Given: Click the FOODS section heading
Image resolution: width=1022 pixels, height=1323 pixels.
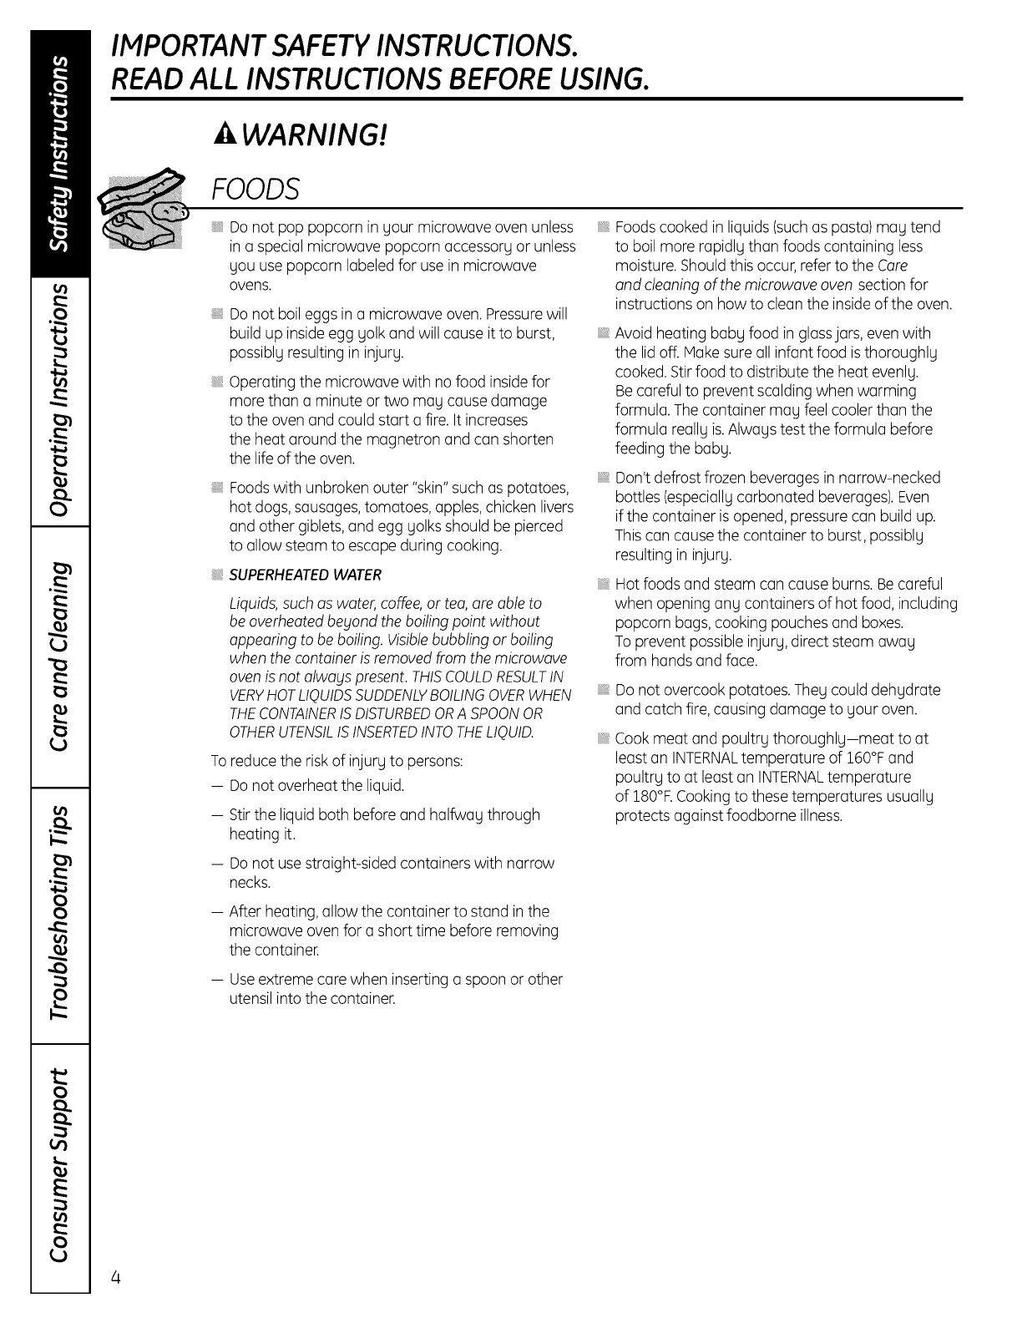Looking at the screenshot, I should [255, 190].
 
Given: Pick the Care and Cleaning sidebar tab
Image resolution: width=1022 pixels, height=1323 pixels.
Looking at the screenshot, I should [59, 656].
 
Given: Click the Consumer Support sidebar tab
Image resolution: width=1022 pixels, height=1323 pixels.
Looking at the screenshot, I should [59, 1164].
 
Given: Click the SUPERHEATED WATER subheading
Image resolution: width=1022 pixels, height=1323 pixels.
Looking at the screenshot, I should [305, 575].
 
